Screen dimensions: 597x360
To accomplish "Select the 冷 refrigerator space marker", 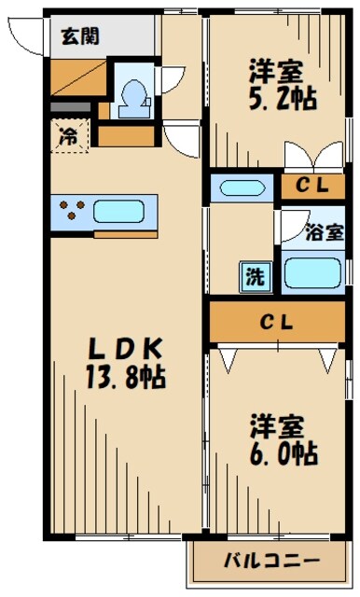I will click(69, 134).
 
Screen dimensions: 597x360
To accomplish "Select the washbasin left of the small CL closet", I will click(241, 187).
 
